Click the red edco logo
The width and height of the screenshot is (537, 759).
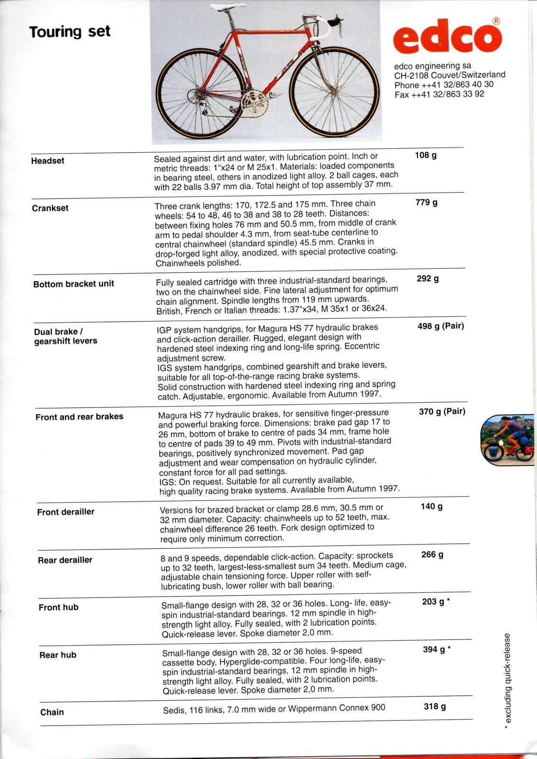point(448,37)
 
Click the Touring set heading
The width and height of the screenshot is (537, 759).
point(70,32)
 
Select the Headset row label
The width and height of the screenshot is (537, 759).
point(47,161)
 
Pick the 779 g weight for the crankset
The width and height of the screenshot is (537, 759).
point(427,203)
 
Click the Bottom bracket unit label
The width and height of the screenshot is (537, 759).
point(73,284)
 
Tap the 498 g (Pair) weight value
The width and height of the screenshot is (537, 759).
point(440,326)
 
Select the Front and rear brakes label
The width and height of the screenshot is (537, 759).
point(79,417)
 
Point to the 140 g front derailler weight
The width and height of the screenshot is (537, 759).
point(431,507)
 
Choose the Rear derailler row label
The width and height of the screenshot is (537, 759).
point(65,560)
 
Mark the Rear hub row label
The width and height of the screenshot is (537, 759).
point(58,655)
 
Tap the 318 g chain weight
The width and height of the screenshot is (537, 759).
point(435,707)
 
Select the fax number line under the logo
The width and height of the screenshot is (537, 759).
point(439,94)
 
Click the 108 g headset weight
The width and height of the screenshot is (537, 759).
point(425,155)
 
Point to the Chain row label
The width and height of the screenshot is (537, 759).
point(52,712)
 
